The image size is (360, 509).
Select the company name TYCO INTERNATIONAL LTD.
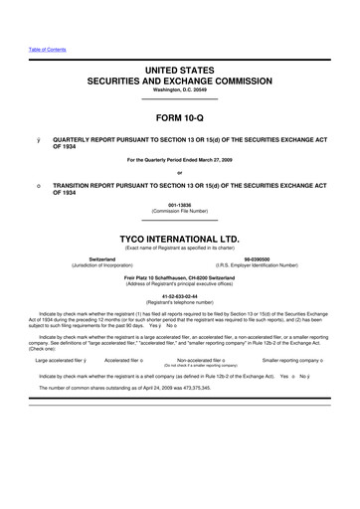coord(179,240)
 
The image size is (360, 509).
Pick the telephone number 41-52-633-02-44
coord(179,296)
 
